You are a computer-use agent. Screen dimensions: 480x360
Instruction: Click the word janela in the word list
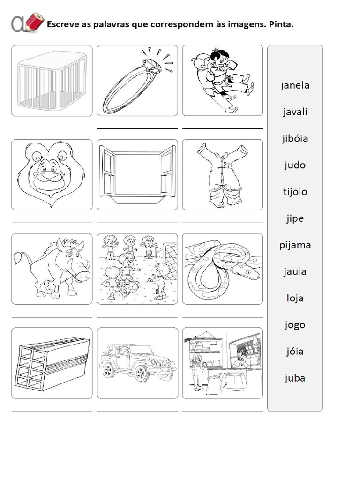coord(295,85)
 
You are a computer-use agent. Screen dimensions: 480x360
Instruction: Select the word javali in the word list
coord(295,112)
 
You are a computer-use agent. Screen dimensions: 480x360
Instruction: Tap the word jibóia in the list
coord(295,139)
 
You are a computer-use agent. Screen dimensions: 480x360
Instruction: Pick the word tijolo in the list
coord(295,192)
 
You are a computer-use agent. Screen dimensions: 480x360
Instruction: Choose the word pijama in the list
coord(295,245)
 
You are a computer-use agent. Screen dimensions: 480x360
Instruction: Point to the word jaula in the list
coord(295,271)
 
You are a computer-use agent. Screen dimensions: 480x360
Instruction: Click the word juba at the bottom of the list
coord(295,378)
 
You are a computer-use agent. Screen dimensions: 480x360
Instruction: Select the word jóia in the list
coord(295,351)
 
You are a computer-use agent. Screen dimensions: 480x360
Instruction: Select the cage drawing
coord(52,81)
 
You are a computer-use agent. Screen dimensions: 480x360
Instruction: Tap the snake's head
coord(247,271)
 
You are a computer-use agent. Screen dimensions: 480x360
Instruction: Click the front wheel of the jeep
coord(140,374)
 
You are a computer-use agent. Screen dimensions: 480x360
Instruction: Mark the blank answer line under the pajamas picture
coord(222,222)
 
